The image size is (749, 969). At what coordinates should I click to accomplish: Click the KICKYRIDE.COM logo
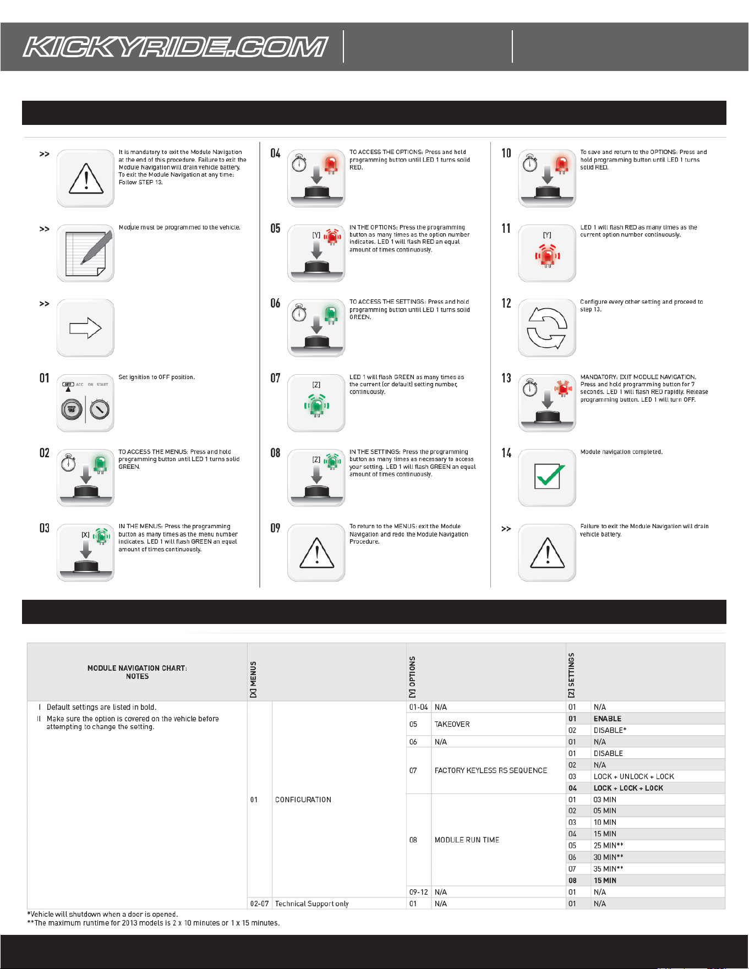pyautogui.click(x=176, y=47)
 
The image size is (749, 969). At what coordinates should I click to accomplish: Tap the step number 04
pyautogui.click(x=275, y=153)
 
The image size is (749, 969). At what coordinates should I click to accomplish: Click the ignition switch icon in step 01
pyautogui.click(x=85, y=403)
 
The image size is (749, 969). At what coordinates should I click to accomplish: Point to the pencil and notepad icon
pyautogui.click(x=85, y=253)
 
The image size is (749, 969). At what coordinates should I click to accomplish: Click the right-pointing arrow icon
pyautogui.click(x=85, y=329)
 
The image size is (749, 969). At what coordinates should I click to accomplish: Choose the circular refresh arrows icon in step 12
pyautogui.click(x=547, y=329)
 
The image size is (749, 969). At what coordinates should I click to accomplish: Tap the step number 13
pyautogui.click(x=506, y=378)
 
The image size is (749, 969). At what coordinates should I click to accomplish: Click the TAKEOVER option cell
pyautogui.click(x=452, y=724)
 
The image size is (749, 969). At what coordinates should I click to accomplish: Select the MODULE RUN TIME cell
pyautogui.click(x=467, y=840)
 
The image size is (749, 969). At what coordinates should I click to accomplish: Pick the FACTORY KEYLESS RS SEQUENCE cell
pyautogui.click(x=490, y=770)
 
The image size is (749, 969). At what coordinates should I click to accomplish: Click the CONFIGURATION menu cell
pyautogui.click(x=303, y=800)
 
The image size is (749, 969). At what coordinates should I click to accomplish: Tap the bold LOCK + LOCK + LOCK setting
pyautogui.click(x=628, y=788)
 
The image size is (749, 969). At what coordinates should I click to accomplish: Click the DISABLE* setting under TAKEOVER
pyautogui.click(x=610, y=730)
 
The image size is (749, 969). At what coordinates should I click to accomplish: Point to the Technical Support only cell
pyautogui.click(x=311, y=904)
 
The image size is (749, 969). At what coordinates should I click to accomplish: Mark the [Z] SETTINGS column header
pyautogui.click(x=571, y=675)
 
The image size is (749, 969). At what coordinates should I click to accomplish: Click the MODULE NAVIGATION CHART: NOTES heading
pyautogui.click(x=137, y=672)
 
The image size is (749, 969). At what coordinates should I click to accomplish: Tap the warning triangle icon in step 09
pyautogui.click(x=316, y=552)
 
